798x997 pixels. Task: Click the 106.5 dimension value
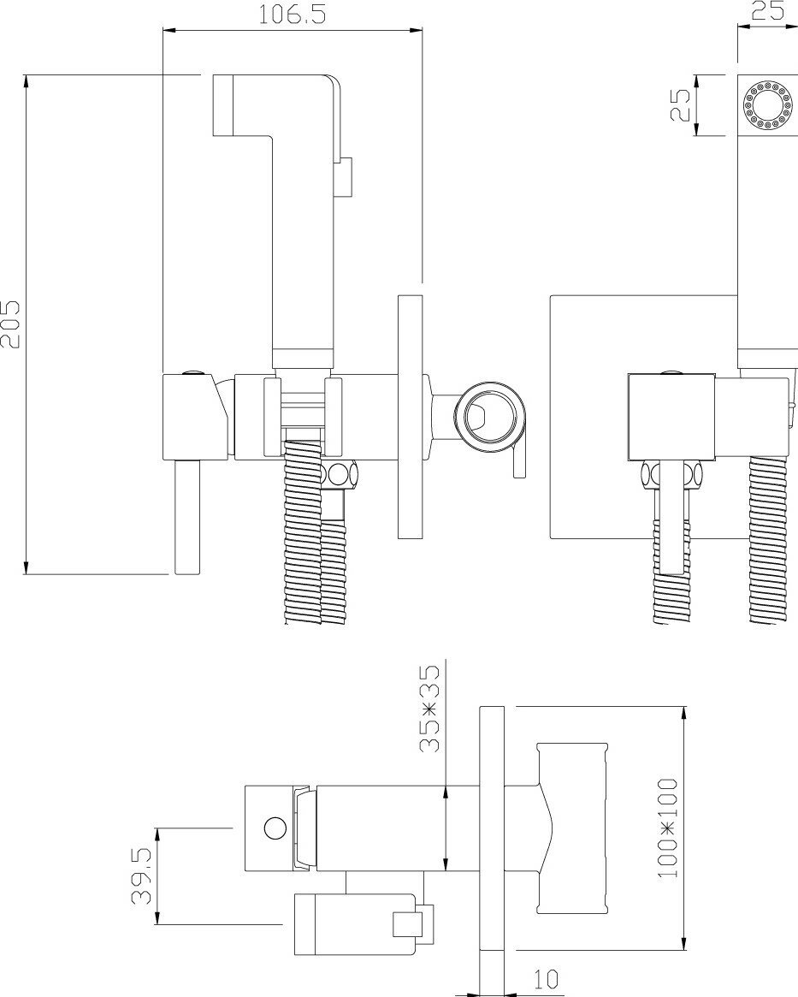pyautogui.click(x=291, y=15)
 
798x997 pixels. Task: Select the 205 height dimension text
pyautogui.click(x=11, y=323)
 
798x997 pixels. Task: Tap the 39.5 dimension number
pyautogui.click(x=142, y=875)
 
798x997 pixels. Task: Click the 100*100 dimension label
pyautogui.click(x=668, y=827)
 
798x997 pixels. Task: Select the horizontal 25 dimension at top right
pyautogui.click(x=768, y=11)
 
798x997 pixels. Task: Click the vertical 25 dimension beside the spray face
pyautogui.click(x=681, y=104)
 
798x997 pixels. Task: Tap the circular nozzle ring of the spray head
pyautogui.click(x=766, y=104)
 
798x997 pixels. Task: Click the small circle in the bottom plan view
pyautogui.click(x=275, y=828)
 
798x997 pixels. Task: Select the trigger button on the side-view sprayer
pyautogui.click(x=346, y=179)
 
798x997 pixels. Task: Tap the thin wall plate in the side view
pyautogui.click(x=411, y=417)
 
